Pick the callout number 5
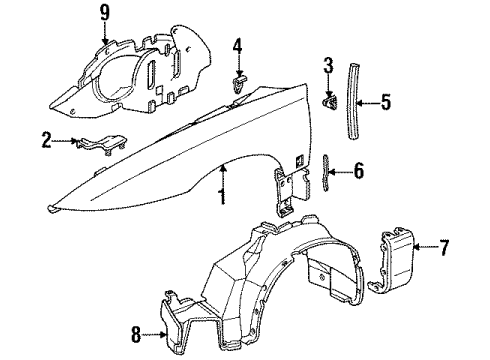point(383,101)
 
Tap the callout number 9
point(103,13)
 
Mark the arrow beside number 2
point(65,141)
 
